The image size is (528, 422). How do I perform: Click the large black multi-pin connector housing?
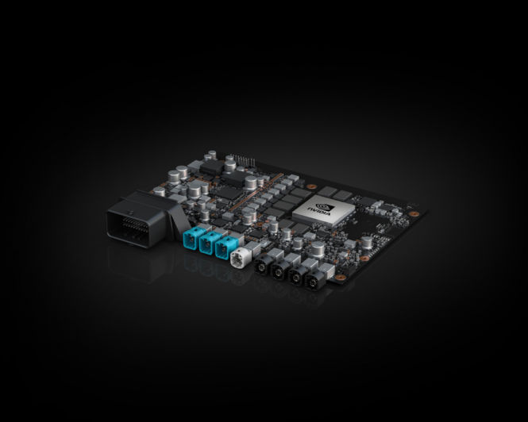pos(141,219)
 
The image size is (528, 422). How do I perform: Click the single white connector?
pos(240,257)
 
